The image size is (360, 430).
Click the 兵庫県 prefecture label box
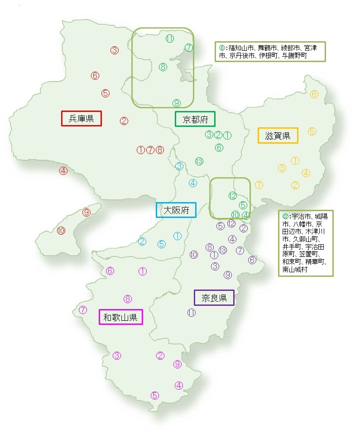(81, 119)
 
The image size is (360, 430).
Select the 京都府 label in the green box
(195, 119)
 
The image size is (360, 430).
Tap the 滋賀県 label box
(278, 135)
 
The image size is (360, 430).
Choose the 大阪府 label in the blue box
(176, 210)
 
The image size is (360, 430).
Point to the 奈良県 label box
(214, 298)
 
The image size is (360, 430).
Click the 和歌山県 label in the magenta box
(120, 317)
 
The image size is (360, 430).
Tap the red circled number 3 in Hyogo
(115, 50)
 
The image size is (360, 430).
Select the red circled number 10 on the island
(61, 231)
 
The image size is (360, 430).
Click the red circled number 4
(63, 171)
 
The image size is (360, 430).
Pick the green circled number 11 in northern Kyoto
(170, 39)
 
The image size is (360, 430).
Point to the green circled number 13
(199, 161)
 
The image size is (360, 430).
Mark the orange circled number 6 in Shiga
(314, 94)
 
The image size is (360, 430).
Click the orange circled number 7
(259, 184)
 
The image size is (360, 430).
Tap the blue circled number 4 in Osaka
(193, 183)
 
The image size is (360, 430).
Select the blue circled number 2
(142, 241)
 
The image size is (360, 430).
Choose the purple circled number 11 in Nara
(192, 312)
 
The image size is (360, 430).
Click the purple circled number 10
(194, 255)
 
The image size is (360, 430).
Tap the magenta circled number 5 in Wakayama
(155, 395)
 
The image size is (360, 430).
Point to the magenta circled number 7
(83, 310)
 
